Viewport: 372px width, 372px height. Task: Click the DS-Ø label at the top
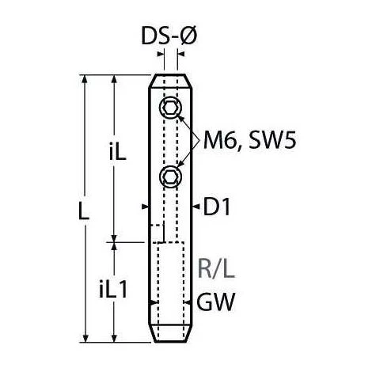[x=169, y=36]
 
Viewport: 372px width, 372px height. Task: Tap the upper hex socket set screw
[x=171, y=108]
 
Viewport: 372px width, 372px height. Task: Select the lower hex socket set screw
[x=171, y=177]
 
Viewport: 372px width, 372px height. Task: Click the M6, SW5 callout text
[x=249, y=141]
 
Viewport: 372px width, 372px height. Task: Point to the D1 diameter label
[x=217, y=207]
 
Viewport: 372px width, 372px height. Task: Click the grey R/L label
[x=216, y=269]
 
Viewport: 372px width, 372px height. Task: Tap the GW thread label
[x=215, y=302]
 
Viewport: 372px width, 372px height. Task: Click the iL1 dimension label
[x=113, y=290]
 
